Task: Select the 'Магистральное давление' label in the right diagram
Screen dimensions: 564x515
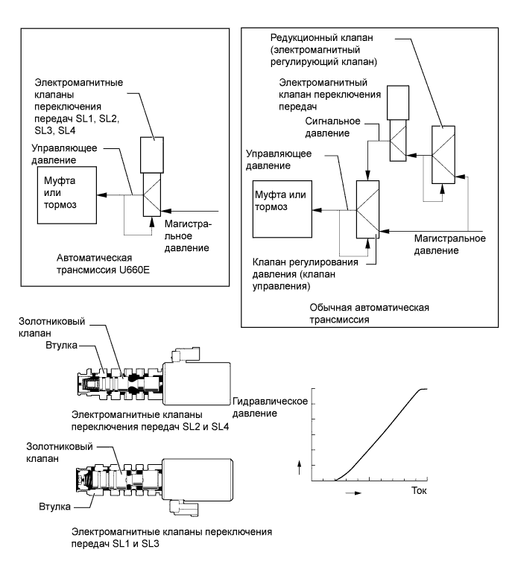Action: (450, 244)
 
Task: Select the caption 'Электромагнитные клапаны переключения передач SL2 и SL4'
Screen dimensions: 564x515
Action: (139, 421)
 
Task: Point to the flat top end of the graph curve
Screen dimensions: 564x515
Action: (423, 389)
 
